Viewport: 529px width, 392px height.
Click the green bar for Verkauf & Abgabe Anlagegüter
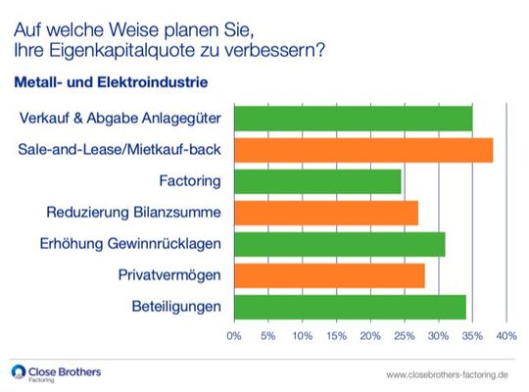[353, 119]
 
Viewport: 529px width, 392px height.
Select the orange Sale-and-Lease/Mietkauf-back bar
[362, 150]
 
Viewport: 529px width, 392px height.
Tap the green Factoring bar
[317, 181]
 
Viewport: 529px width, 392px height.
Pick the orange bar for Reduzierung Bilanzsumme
[325, 213]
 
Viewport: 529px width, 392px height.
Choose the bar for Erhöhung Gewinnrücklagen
[339, 244]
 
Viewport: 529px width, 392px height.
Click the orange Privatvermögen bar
[329, 275]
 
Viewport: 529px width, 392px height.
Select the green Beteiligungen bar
[350, 307]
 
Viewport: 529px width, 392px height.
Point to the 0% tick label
[234, 336]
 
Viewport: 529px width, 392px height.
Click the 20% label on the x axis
[370, 336]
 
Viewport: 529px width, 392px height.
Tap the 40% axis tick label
[506, 336]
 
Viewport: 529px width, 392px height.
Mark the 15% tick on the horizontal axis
[336, 336]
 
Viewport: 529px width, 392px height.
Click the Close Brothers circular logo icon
[19, 371]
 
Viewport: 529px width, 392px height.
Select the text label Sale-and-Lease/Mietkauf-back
[120, 151]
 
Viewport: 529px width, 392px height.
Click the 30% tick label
[438, 336]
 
